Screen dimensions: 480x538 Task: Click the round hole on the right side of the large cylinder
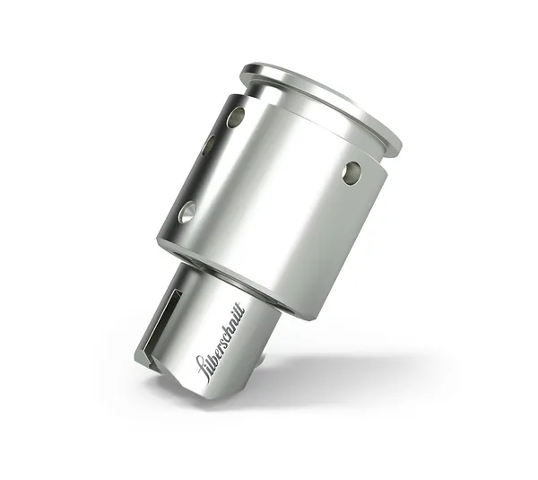pyautogui.click(x=351, y=172)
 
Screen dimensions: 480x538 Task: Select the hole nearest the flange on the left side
pyautogui.click(x=236, y=117)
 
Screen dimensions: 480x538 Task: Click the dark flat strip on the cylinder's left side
pyautogui.click(x=193, y=170)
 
